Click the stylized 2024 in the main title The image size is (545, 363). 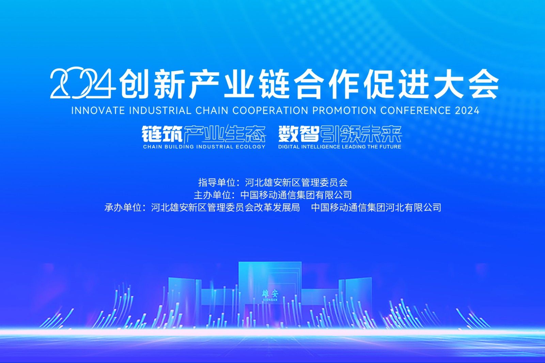(x=83, y=83)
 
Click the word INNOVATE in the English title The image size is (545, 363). (x=98, y=111)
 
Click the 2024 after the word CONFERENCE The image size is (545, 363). (x=467, y=111)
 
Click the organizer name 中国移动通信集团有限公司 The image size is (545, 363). (x=296, y=195)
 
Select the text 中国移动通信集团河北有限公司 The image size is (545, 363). (x=376, y=208)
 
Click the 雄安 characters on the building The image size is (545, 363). (x=270, y=294)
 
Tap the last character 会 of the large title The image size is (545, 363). (x=483, y=84)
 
